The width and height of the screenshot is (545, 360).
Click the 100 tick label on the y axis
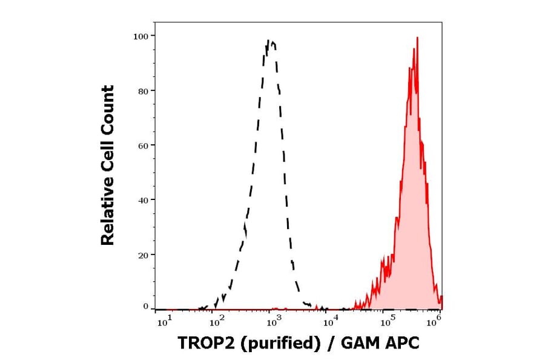[x=140, y=36]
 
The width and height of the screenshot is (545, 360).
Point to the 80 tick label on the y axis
[x=143, y=91]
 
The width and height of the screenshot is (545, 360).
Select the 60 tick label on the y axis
[x=143, y=145]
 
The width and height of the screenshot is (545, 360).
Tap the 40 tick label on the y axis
[x=143, y=200]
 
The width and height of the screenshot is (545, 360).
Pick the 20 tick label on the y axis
[x=143, y=255]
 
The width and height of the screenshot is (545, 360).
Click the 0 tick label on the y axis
[x=145, y=307]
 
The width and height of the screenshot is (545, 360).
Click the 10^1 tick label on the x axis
[x=163, y=322]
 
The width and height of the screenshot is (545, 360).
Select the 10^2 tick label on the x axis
[x=217, y=322]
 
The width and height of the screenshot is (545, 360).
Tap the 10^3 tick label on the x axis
[x=272, y=322]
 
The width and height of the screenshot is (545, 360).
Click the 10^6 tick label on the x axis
[x=434, y=322]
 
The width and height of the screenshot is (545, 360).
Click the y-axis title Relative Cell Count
[x=107, y=165]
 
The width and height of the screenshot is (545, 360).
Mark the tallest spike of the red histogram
[x=417, y=38]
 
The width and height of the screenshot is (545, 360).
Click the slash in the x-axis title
[x=330, y=343]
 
